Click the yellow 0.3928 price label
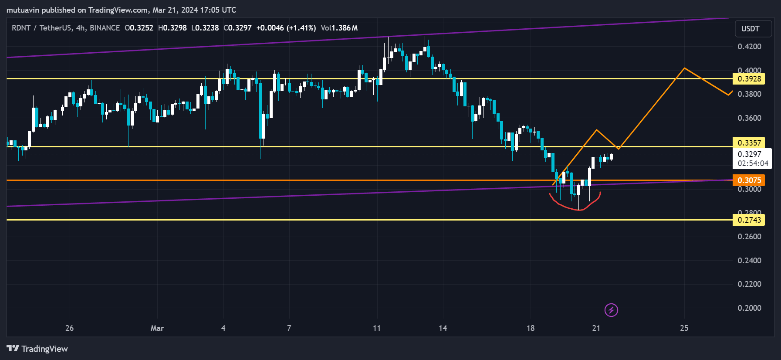(x=749, y=79)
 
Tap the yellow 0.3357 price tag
(x=749, y=143)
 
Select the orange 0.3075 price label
(x=749, y=180)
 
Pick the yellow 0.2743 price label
(x=749, y=220)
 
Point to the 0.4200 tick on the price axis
(x=749, y=47)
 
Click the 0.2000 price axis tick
(x=749, y=308)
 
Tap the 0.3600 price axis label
(x=749, y=118)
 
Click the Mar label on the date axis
(x=157, y=328)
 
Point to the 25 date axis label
(x=684, y=328)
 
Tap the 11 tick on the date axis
(x=377, y=328)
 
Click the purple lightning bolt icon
(x=611, y=310)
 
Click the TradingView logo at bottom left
(x=37, y=349)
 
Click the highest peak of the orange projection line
(x=684, y=68)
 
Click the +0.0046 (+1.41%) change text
(x=286, y=28)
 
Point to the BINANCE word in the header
(x=105, y=28)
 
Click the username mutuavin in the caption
(x=24, y=10)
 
